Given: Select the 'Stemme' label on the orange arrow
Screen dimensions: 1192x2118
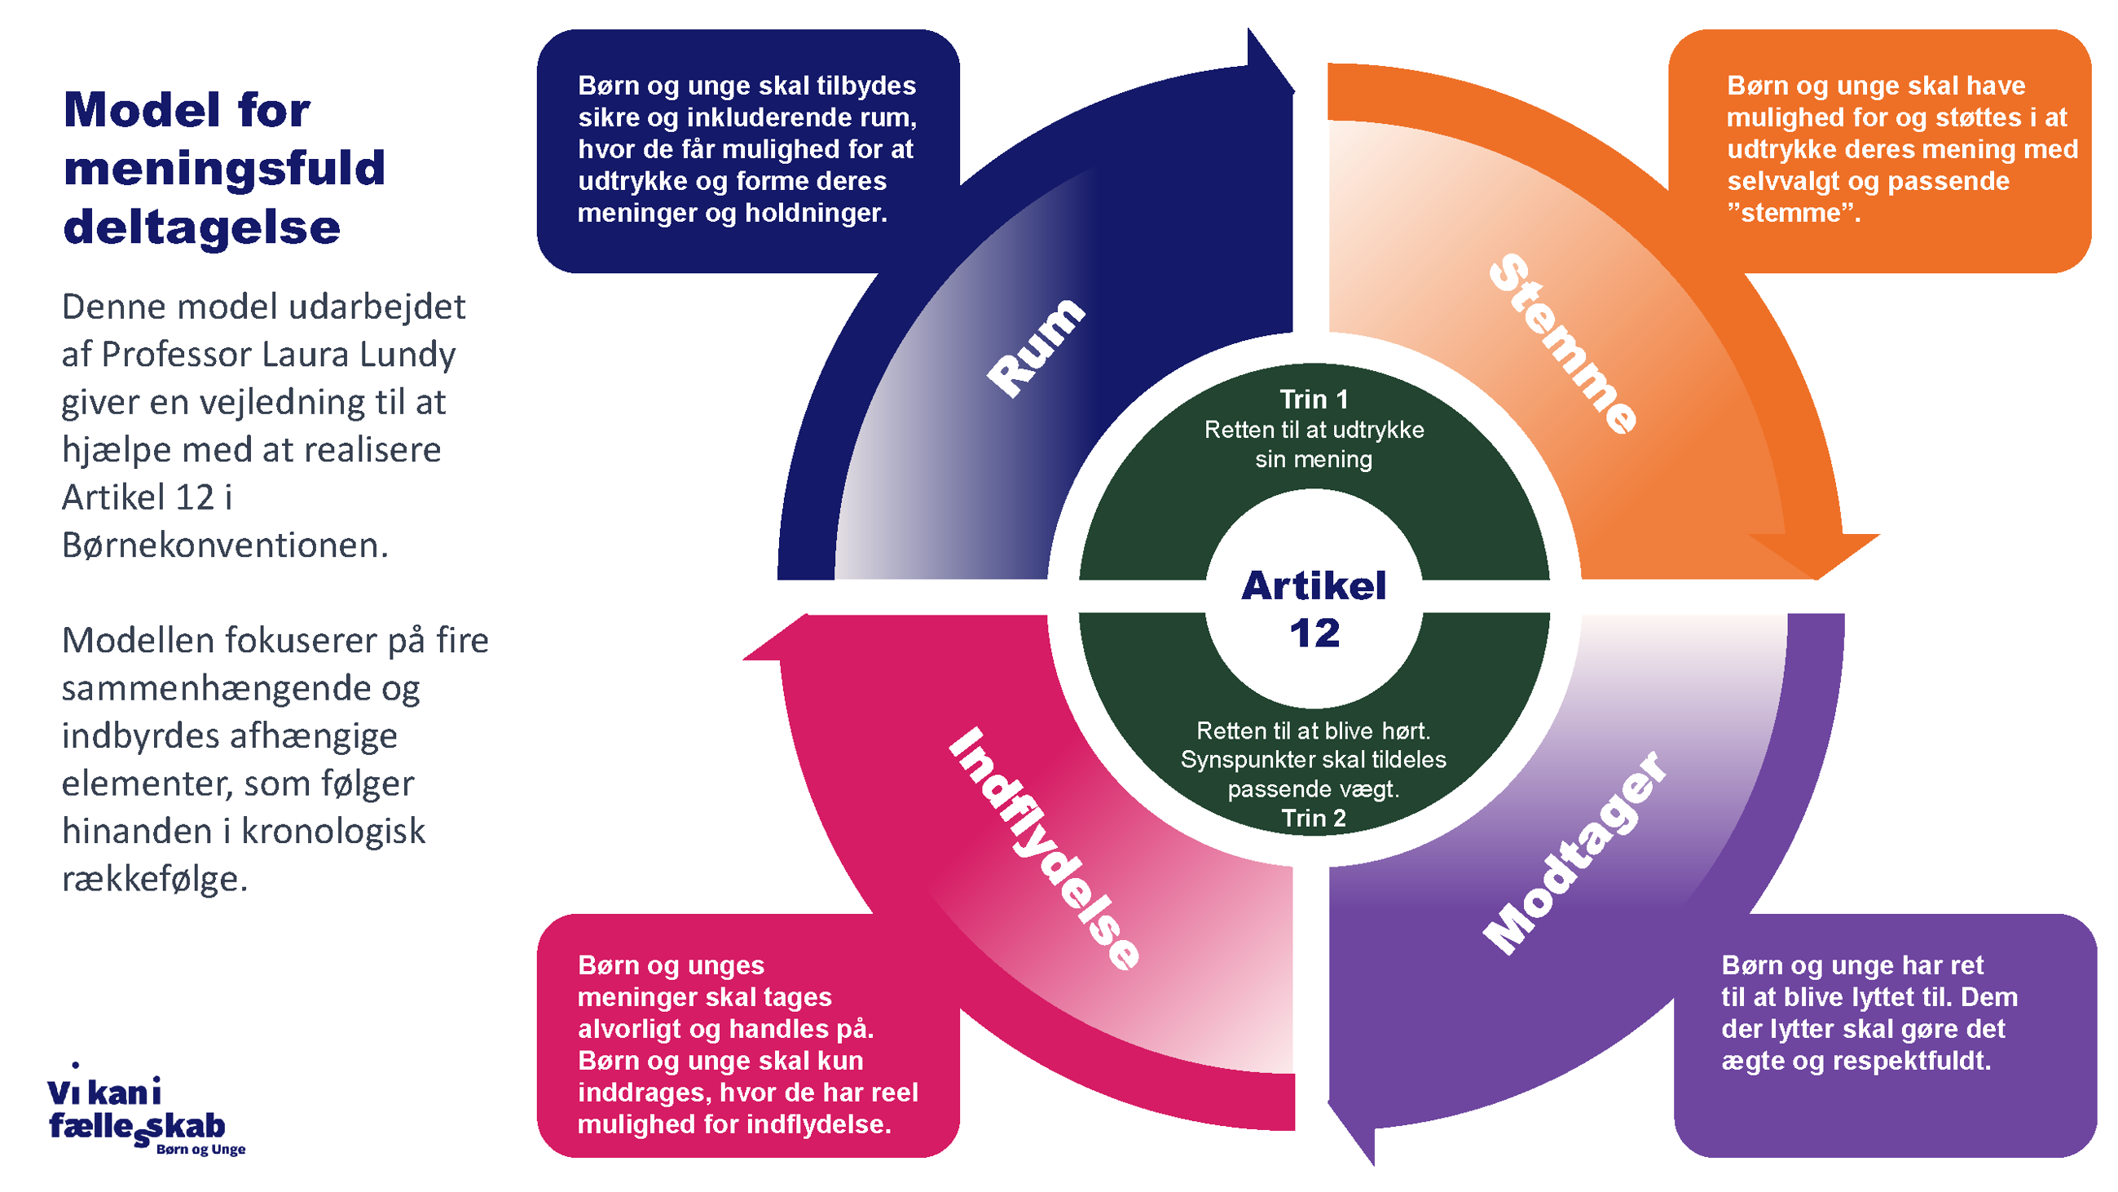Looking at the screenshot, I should [1562, 343].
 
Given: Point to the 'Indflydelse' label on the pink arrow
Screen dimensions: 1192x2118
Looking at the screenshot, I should [1044, 849].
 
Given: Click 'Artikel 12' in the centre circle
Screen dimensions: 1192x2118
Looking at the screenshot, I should [1313, 609].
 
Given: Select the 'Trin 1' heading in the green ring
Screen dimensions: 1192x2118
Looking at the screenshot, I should [1313, 400].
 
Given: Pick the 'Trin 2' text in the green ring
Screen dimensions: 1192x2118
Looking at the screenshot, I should [1313, 818].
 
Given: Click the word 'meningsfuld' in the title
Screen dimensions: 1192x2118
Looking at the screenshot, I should [223, 169].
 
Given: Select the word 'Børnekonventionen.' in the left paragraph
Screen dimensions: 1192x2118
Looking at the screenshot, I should [224, 545].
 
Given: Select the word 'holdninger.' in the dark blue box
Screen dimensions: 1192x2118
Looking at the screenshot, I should [816, 213].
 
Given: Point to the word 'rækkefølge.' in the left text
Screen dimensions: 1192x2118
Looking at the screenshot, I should [155, 879].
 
